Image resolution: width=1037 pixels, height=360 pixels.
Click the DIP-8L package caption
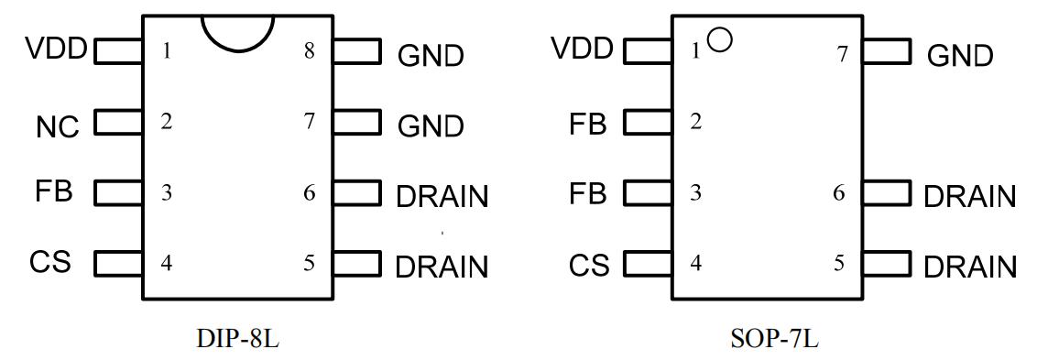point(238,339)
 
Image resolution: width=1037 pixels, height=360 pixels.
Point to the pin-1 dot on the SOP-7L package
point(719,40)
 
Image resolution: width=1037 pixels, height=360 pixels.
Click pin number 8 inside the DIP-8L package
point(309,51)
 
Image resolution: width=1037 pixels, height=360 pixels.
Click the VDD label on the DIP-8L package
point(56,49)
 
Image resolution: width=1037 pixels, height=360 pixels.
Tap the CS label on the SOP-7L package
point(589,266)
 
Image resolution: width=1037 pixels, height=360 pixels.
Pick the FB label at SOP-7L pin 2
point(588,124)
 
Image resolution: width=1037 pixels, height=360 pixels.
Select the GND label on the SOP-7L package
point(960,56)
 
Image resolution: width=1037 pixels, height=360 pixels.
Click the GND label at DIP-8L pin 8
point(431,56)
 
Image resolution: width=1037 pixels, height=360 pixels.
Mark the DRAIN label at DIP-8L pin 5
point(442,267)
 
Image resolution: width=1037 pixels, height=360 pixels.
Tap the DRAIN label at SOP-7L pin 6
point(970,197)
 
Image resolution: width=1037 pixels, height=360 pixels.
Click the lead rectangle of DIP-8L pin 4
point(119,263)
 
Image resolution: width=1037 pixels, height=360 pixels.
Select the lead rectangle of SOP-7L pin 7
point(887,51)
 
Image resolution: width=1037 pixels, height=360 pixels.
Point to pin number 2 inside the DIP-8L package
point(167,122)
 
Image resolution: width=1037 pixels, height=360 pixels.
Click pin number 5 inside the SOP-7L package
point(838,264)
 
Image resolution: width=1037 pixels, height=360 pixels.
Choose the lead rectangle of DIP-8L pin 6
point(357,192)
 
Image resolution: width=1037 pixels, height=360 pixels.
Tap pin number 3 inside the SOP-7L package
point(695,193)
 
